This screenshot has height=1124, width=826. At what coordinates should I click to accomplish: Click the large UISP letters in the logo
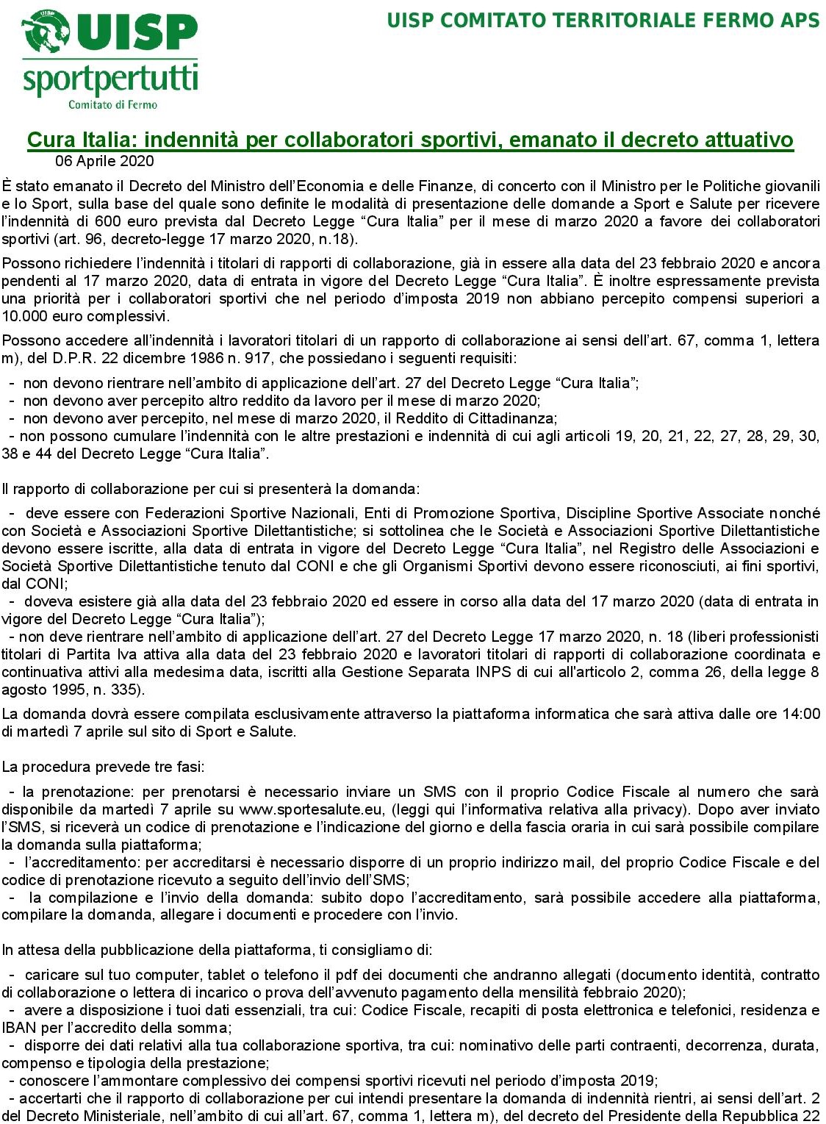tap(140, 31)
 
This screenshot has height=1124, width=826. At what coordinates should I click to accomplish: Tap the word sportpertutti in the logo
tap(110, 79)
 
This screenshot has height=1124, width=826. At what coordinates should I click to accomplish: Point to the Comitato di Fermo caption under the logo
tap(112, 104)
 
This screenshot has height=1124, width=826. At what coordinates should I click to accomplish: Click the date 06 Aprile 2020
tap(104, 161)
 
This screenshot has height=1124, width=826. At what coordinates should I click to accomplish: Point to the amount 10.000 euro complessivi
tap(85, 316)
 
